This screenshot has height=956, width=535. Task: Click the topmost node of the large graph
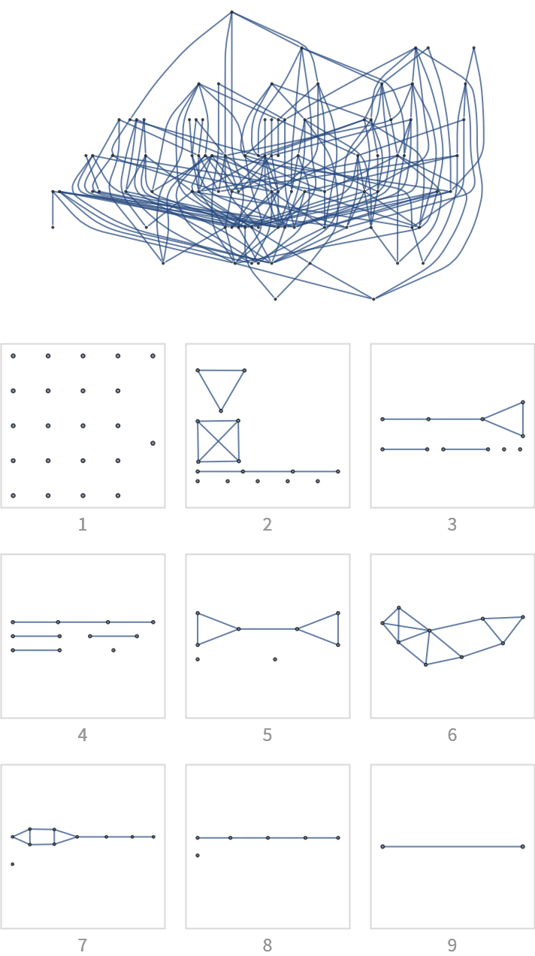coord(231,12)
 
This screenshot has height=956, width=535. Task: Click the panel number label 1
coord(83,525)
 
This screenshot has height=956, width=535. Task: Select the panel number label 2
coord(267,525)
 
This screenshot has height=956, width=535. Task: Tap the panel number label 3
coord(452,525)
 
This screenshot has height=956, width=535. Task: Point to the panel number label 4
coord(83,735)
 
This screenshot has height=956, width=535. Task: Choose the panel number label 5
coord(267,735)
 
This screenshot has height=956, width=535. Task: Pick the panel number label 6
coord(452,735)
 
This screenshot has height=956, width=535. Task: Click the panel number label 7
coord(83,945)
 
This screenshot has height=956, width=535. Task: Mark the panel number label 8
coord(267,945)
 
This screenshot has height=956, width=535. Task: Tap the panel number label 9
coord(452,945)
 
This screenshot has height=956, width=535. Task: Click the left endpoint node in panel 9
coord(382,846)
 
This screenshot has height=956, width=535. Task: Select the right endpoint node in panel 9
coord(523,846)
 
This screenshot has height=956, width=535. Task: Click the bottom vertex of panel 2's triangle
coord(221,411)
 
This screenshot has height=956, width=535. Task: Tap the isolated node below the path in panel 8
coord(198,855)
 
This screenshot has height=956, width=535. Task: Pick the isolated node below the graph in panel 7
coord(12,864)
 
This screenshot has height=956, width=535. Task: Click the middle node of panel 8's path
coord(268,838)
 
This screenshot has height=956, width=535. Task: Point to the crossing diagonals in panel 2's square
coord(218,441)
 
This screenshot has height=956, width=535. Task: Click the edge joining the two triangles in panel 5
coord(267,629)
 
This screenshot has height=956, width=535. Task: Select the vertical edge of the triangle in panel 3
coord(523,419)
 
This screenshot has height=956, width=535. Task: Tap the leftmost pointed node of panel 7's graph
coord(12,837)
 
